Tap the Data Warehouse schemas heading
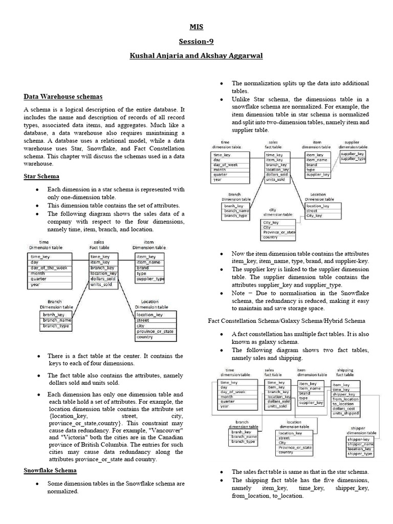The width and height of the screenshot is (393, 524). [63, 96]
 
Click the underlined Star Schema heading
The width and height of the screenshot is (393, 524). [41, 177]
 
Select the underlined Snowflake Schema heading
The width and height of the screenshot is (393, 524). [50, 470]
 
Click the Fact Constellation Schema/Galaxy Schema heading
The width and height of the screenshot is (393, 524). [287, 321]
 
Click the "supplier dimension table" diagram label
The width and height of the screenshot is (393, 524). [352, 144]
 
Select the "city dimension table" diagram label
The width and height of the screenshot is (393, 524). [278, 212]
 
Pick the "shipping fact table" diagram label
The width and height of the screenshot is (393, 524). [345, 372]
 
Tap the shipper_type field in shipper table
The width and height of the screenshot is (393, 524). [361, 454]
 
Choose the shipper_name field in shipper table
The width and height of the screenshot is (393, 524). [361, 444]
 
